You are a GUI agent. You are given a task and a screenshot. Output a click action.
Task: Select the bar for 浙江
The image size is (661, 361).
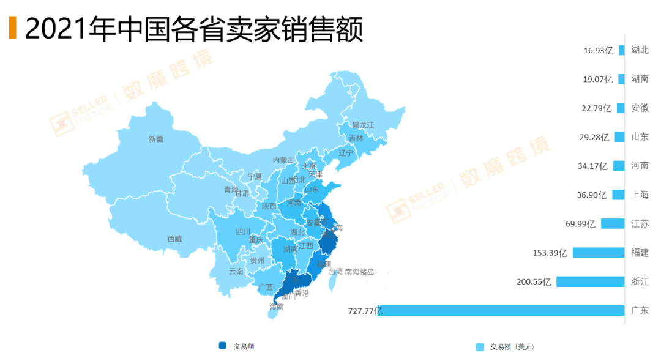point(590,281)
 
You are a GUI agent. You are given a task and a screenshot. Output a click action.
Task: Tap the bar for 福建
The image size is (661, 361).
point(598,253)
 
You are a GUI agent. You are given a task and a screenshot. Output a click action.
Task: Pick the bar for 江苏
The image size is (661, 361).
point(612,223)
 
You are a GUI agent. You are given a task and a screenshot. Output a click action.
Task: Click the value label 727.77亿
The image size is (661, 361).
point(365,311)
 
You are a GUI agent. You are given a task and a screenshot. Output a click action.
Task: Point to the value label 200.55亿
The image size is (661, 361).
point(534,281)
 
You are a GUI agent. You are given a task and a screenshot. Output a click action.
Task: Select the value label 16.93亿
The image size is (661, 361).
point(598,50)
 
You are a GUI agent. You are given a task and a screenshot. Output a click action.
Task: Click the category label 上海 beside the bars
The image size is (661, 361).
point(640,195)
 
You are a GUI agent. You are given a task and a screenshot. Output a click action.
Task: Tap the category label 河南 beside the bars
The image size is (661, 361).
point(640,166)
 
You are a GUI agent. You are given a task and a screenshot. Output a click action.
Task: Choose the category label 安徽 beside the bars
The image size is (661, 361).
point(640,108)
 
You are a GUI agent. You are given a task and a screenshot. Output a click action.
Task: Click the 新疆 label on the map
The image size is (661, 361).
point(156,139)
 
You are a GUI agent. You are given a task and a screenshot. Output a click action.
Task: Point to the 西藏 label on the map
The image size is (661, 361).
point(174,239)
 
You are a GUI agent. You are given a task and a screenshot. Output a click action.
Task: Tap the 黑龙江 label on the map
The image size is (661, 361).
point(362,125)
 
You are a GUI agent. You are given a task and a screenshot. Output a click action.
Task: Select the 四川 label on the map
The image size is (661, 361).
point(243,232)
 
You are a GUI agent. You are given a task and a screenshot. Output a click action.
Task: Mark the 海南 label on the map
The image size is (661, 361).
point(276,307)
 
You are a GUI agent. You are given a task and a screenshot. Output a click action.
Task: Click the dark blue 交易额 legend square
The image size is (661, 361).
point(223,346)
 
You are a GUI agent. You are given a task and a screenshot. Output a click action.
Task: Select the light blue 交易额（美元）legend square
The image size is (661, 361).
point(480,347)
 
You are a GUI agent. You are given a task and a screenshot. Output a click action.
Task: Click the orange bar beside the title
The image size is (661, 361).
point(12,28)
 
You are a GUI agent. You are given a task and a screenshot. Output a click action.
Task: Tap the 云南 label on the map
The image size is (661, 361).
point(236,271)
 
